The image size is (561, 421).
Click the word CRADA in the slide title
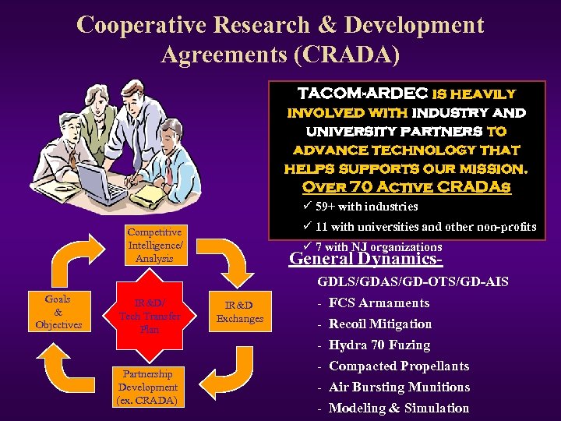353,54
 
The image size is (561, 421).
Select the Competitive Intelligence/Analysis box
154,245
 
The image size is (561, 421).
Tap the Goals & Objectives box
58,312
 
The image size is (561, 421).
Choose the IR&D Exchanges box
240,311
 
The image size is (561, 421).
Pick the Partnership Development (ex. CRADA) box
147,387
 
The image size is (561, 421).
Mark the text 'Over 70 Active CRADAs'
406,187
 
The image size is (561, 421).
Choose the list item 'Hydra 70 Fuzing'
379,345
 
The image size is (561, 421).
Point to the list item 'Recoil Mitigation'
380,324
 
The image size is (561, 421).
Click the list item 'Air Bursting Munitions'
399,387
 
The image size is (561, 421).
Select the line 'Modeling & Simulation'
399,408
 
